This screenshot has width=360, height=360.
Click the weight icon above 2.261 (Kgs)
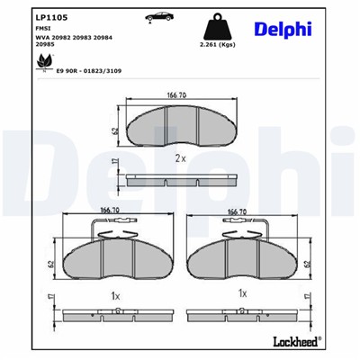coord(215,24)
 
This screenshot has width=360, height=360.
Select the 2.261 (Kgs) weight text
coord(215,43)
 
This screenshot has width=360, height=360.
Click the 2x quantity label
coord(180,159)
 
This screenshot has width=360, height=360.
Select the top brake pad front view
coord(178,127)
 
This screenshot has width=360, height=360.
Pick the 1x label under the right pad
coord(241,294)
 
